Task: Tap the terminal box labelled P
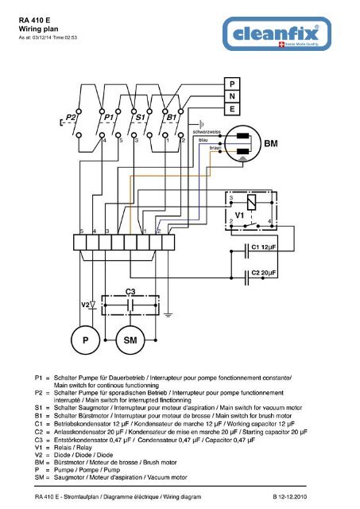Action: (x=231, y=83)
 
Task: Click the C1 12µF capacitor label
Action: (x=264, y=248)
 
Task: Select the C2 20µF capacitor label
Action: (x=264, y=273)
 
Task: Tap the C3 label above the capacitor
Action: (x=132, y=292)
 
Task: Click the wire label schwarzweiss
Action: (x=205, y=129)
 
